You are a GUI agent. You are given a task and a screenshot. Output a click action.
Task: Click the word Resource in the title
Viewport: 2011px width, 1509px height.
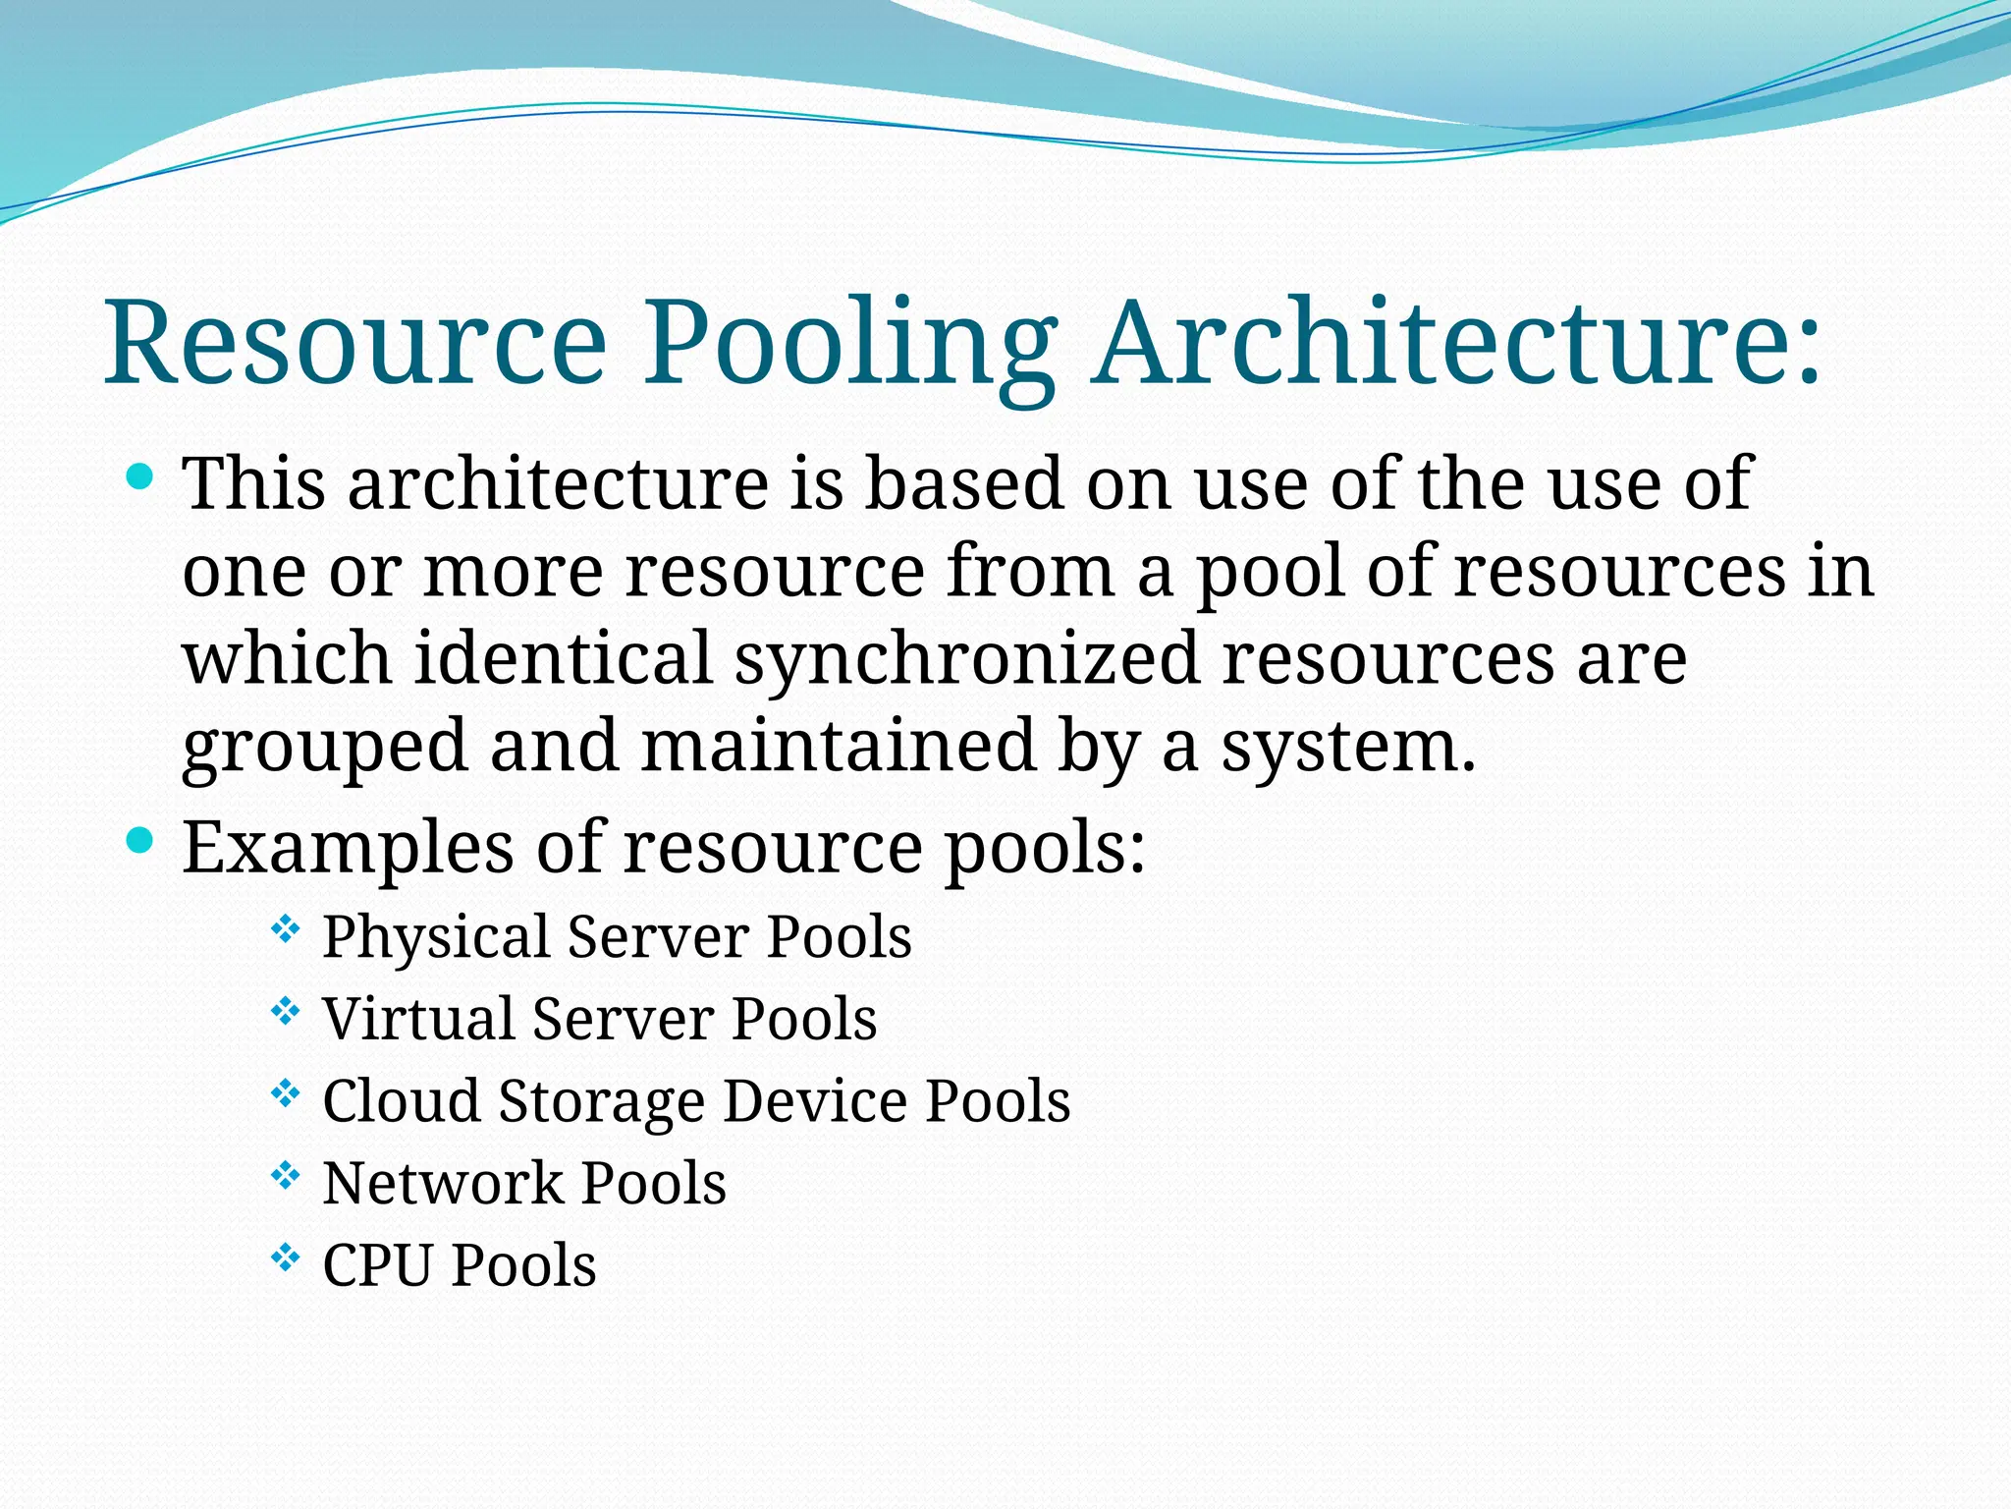coord(355,343)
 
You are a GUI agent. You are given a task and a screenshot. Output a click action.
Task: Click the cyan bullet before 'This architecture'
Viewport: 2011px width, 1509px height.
coord(141,478)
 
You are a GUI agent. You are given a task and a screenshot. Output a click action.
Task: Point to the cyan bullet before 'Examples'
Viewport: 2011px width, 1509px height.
coord(141,840)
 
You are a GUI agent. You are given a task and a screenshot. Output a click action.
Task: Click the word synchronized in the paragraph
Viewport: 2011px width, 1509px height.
coord(966,660)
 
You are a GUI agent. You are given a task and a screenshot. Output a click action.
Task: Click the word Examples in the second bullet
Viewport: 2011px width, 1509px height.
coord(348,847)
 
